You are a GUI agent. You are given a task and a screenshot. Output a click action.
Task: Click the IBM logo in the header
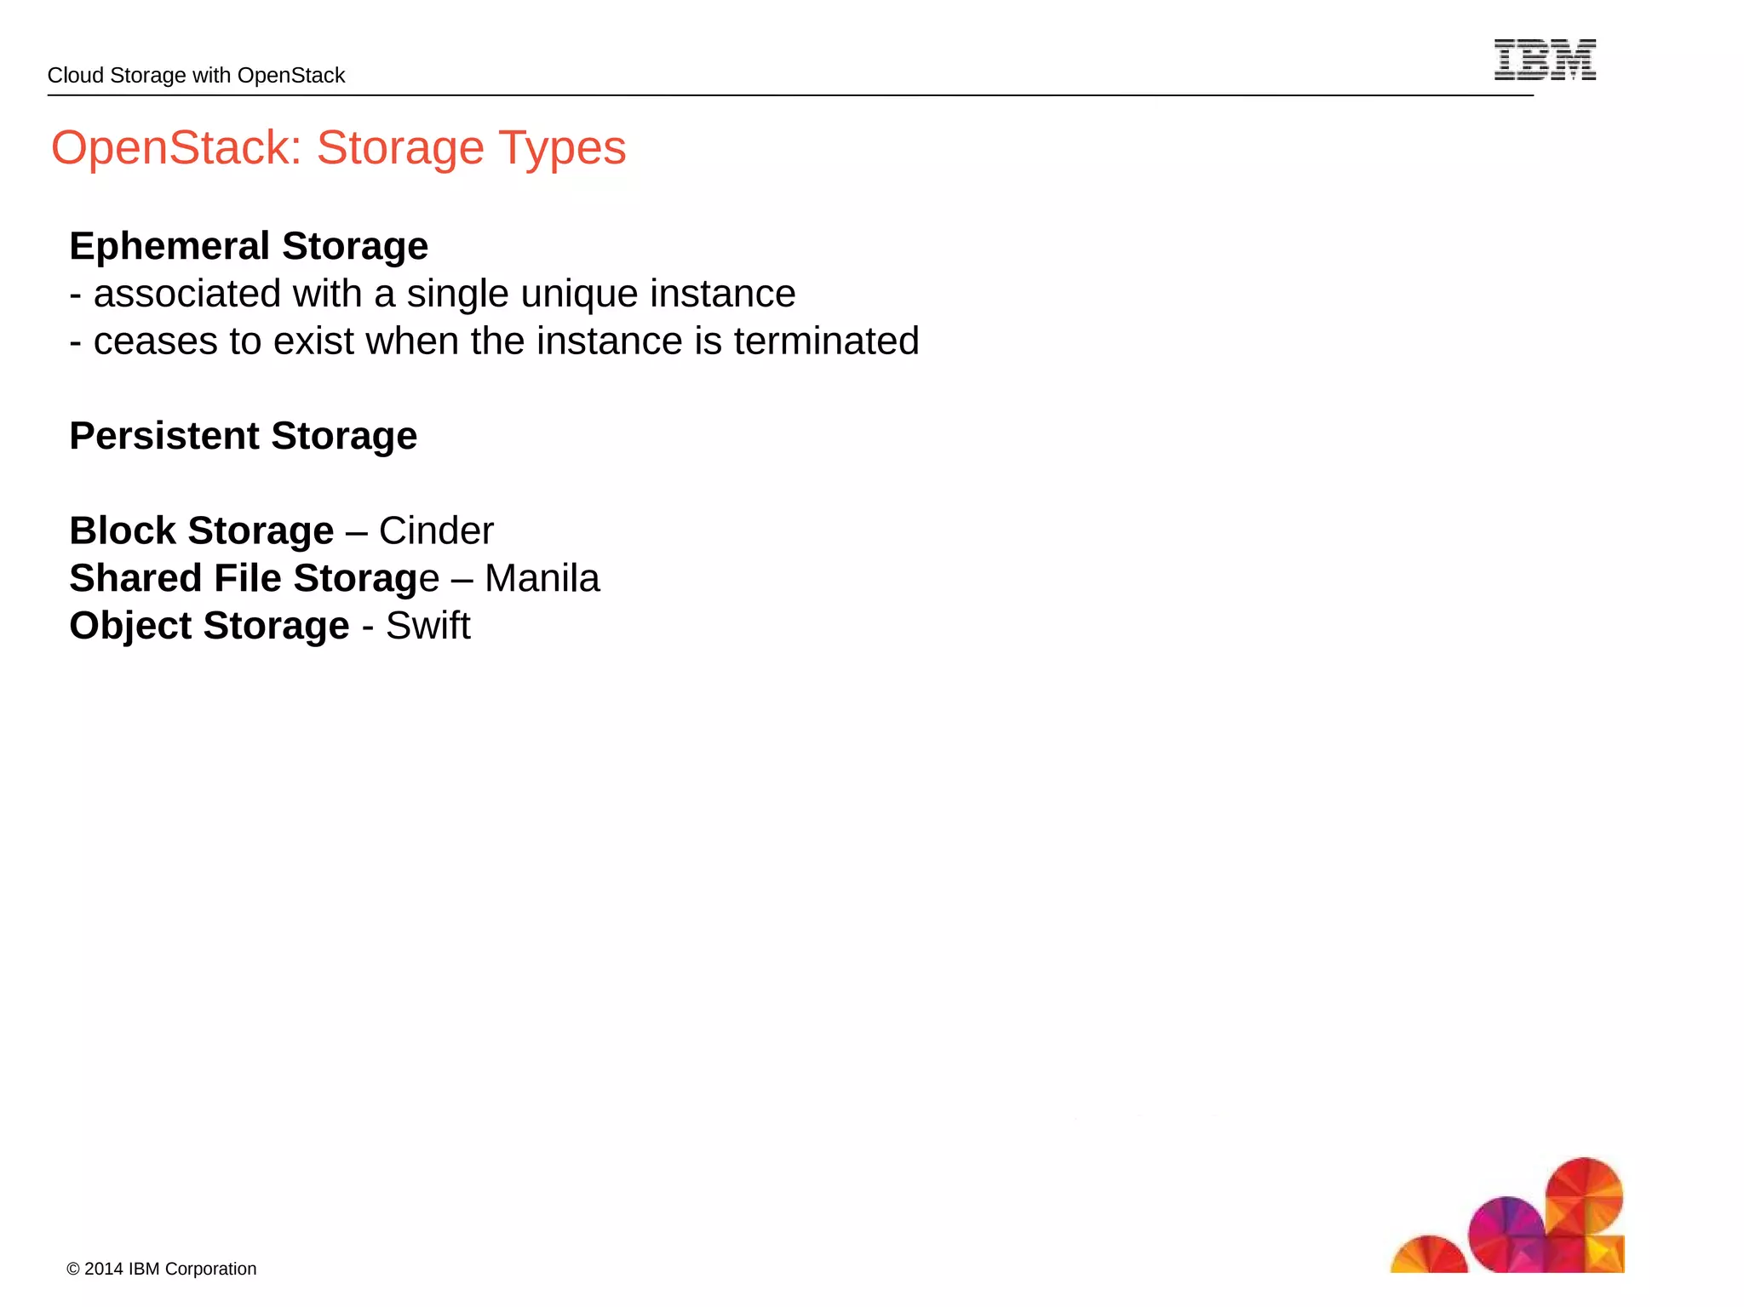1545,60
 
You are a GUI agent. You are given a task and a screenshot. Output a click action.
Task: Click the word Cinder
436,530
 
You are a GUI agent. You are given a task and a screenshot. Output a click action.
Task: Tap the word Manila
542,578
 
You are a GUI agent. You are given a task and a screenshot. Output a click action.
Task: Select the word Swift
427,626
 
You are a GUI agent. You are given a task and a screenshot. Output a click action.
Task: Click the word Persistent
164,436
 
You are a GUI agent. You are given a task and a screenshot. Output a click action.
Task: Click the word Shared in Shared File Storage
135,578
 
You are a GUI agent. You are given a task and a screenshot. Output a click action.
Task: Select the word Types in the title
562,147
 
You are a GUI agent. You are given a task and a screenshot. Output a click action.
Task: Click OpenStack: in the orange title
176,147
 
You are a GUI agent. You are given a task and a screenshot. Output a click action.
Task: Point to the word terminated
826,341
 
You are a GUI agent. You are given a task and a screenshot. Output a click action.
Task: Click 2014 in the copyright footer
104,1269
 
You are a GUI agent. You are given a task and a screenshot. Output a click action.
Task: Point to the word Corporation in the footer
210,1269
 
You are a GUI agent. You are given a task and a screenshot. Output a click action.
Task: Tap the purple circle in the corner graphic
1506,1231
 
